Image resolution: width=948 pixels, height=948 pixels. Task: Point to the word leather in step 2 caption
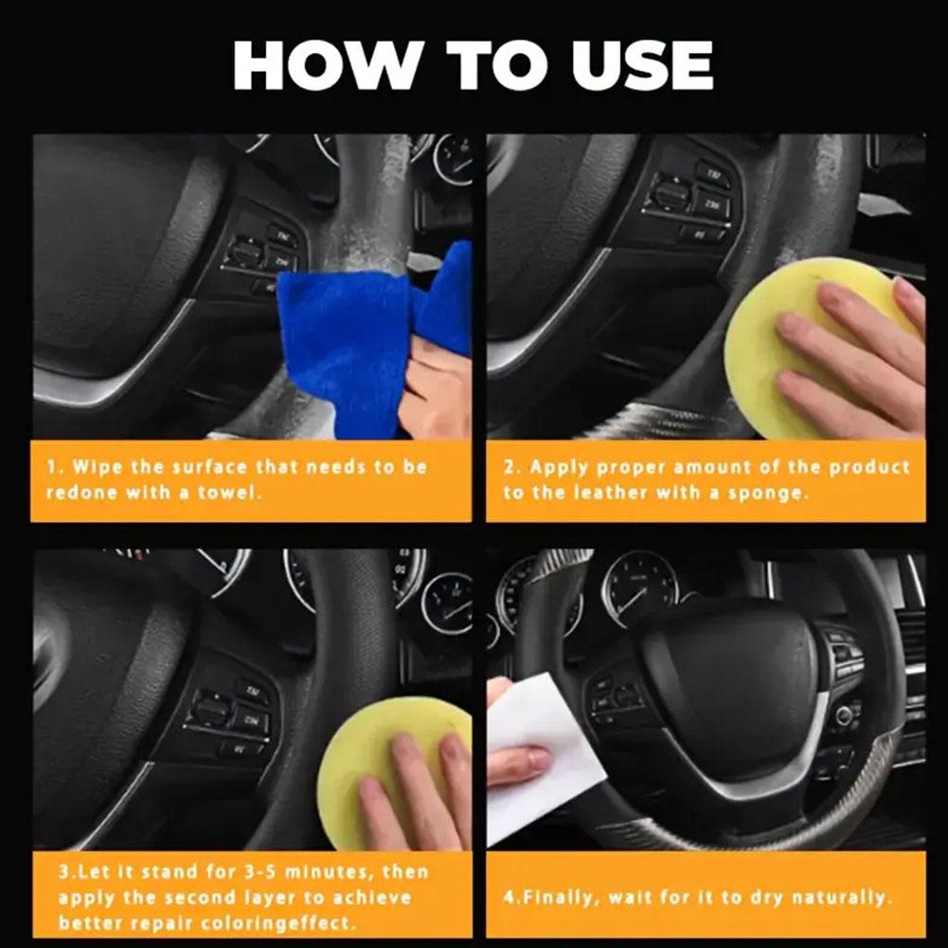point(610,492)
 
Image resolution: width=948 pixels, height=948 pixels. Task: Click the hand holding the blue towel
point(437,390)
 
